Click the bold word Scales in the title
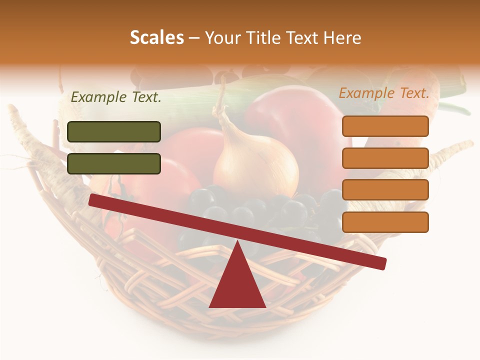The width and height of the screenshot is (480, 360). tap(157, 38)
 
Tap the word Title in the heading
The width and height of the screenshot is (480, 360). tap(264, 38)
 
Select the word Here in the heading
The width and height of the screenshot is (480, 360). tap(342, 38)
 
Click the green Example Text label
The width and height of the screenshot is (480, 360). tap(116, 97)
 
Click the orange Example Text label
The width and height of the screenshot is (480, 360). tap(384, 93)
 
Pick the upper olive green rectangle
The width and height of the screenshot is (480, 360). tap(114, 131)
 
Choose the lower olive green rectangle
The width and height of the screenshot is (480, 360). tap(114, 163)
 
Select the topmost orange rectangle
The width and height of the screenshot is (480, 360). tap(385, 126)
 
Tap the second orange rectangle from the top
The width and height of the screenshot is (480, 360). tap(385, 158)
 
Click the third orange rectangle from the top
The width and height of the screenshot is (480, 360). tap(385, 190)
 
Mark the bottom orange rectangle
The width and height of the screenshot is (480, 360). tap(385, 222)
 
